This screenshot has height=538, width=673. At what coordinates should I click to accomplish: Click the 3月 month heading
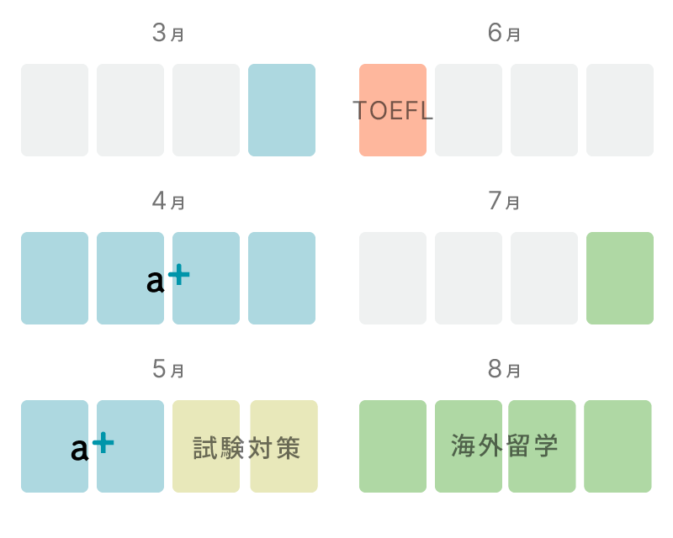tap(168, 33)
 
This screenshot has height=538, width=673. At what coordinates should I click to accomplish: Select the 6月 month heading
tap(504, 33)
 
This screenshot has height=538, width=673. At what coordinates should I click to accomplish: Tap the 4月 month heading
tap(168, 201)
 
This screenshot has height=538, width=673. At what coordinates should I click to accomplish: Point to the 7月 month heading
tap(504, 201)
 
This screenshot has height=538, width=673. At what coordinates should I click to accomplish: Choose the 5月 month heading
tap(168, 369)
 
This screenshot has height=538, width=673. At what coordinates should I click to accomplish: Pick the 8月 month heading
tap(504, 369)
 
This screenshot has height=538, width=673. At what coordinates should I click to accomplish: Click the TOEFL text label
tap(393, 111)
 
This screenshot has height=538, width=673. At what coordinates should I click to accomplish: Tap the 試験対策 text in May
tap(246, 448)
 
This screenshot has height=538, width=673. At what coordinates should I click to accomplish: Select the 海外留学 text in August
tap(504, 446)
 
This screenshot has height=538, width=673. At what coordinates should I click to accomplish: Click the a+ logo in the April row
tap(167, 279)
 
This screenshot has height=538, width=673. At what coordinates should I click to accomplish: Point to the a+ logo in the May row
tap(93, 446)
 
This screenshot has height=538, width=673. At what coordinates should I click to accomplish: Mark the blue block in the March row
tap(282, 110)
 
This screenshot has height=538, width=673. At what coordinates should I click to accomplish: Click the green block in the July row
tap(620, 278)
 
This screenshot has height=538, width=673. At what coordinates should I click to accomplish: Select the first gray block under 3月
tap(55, 110)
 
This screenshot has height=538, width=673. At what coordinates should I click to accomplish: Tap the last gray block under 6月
tap(620, 110)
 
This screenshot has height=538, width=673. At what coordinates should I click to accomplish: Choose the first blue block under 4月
tap(55, 278)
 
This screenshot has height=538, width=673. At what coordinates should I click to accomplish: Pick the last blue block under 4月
tap(282, 278)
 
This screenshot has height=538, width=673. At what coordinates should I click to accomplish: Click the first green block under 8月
tap(393, 446)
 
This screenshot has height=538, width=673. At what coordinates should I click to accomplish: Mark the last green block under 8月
tap(617, 446)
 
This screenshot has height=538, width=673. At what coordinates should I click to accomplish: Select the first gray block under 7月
tap(393, 278)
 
